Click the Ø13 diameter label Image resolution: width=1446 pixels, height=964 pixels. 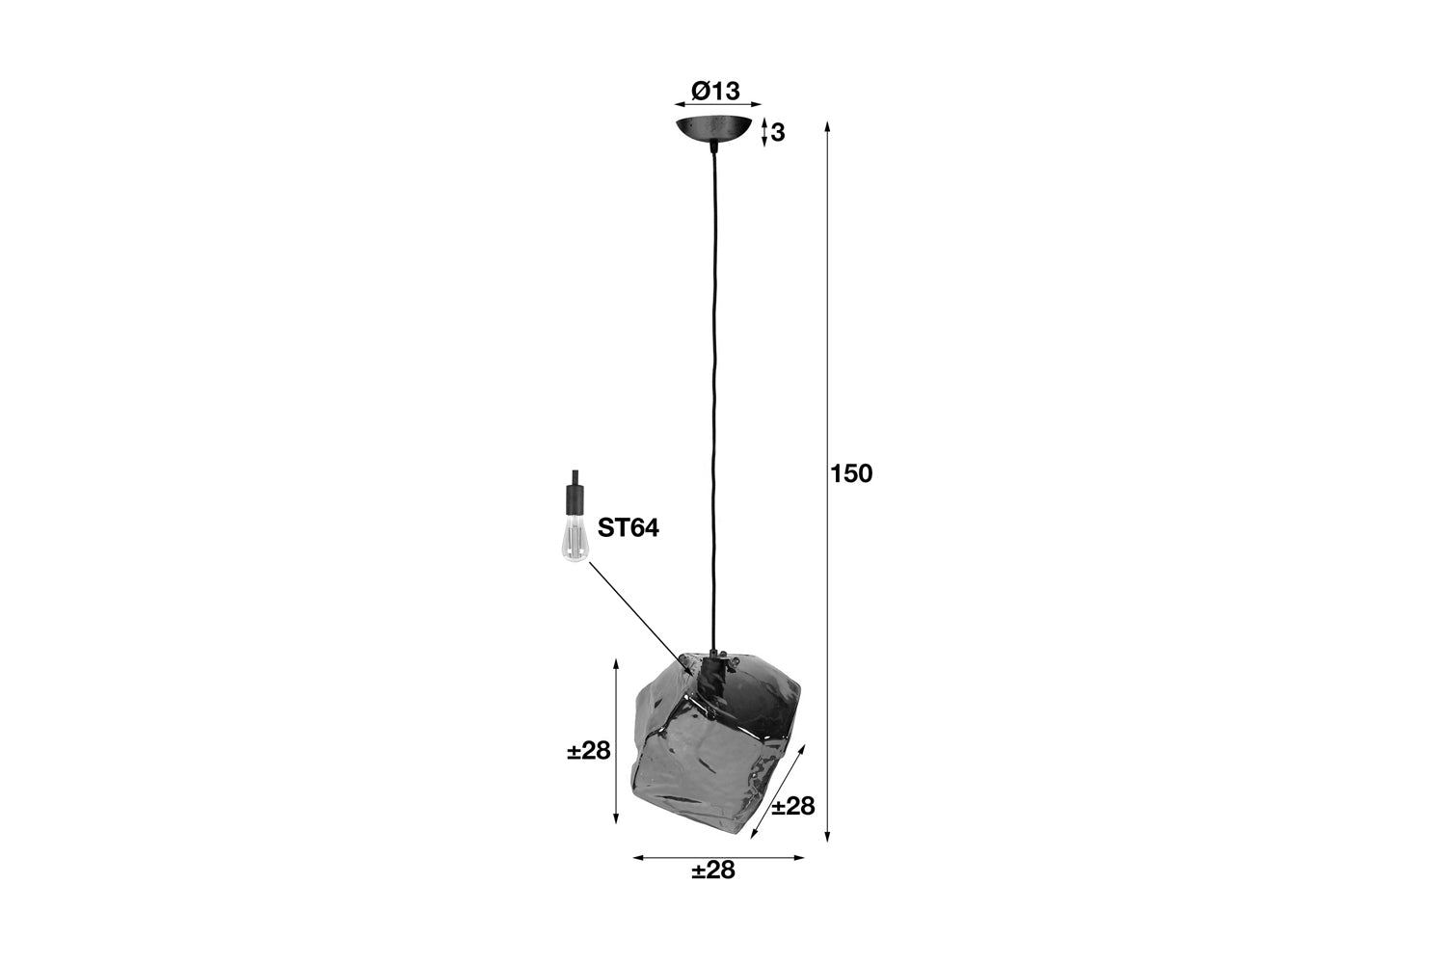tap(715, 91)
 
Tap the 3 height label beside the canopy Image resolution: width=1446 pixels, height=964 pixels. tap(778, 132)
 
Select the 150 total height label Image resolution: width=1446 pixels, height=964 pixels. tap(851, 474)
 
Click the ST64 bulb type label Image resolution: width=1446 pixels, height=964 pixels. tap(629, 528)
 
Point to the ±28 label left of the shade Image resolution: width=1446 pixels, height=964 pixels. tap(589, 751)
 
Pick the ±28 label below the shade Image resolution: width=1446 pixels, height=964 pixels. tap(713, 870)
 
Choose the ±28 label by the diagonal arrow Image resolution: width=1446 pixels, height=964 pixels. tap(793, 806)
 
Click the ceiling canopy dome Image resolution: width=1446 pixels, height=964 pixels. tap(714, 128)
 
